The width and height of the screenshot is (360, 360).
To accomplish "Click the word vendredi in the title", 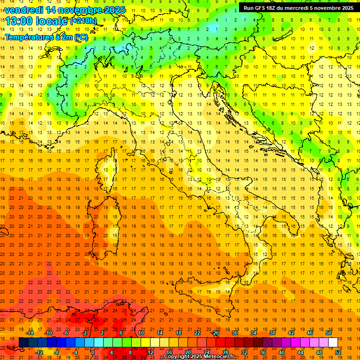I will pyautogui.click(x=24, y=10).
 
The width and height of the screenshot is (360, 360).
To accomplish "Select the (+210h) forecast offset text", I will pyautogui.click(x=83, y=21).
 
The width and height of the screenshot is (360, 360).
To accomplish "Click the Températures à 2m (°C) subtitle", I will pyautogui.click(x=46, y=37).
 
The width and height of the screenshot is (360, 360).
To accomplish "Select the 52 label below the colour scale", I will pyautogui.click(x=337, y=352).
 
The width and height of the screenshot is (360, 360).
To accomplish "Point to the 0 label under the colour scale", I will pyautogui.click(x=93, y=352).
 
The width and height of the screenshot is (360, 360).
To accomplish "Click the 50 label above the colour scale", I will pyautogui.click(x=329, y=333).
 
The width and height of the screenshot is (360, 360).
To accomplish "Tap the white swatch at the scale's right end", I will pyautogui.click(x=333, y=343).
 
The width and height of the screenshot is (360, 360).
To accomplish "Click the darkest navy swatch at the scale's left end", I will pyautogui.click(x=23, y=343).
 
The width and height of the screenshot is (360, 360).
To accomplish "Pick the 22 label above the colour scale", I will pyautogui.click(x=197, y=333).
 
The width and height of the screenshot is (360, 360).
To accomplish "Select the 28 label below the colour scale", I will pyautogui.click(x=225, y=352).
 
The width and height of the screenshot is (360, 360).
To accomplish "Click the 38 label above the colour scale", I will pyautogui.click(x=272, y=333).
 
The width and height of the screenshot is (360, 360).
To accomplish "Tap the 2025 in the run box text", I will pyautogui.click(x=346, y=8).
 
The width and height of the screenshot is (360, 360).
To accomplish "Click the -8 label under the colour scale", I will pyautogui.click(x=56, y=352).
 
